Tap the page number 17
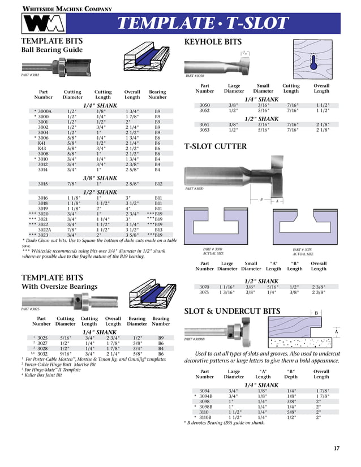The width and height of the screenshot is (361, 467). [337, 448]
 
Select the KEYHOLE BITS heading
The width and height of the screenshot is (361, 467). [213, 42]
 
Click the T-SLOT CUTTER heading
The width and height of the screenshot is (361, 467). [216, 146]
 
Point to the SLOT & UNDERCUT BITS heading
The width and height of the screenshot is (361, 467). [232, 312]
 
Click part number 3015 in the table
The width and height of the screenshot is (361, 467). [42, 184]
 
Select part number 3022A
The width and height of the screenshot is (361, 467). [44, 230]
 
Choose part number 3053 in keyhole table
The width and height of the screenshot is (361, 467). [205, 129]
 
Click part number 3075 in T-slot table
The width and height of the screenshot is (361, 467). [204, 292]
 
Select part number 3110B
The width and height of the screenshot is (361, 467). [207, 417]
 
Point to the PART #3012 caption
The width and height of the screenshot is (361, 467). [30, 75]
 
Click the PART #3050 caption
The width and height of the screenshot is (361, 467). [195, 75]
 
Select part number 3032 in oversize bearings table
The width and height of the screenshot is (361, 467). [42, 353]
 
